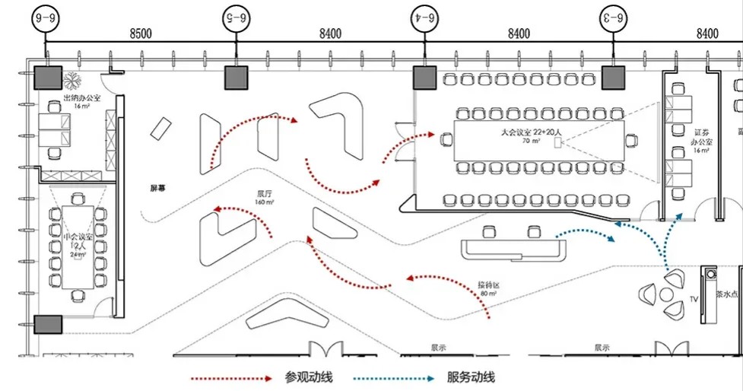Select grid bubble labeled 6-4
tap(425, 14)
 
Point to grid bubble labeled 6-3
tap(613, 14)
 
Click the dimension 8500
tap(141, 33)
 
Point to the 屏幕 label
tap(157, 186)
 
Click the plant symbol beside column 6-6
tap(75, 78)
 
